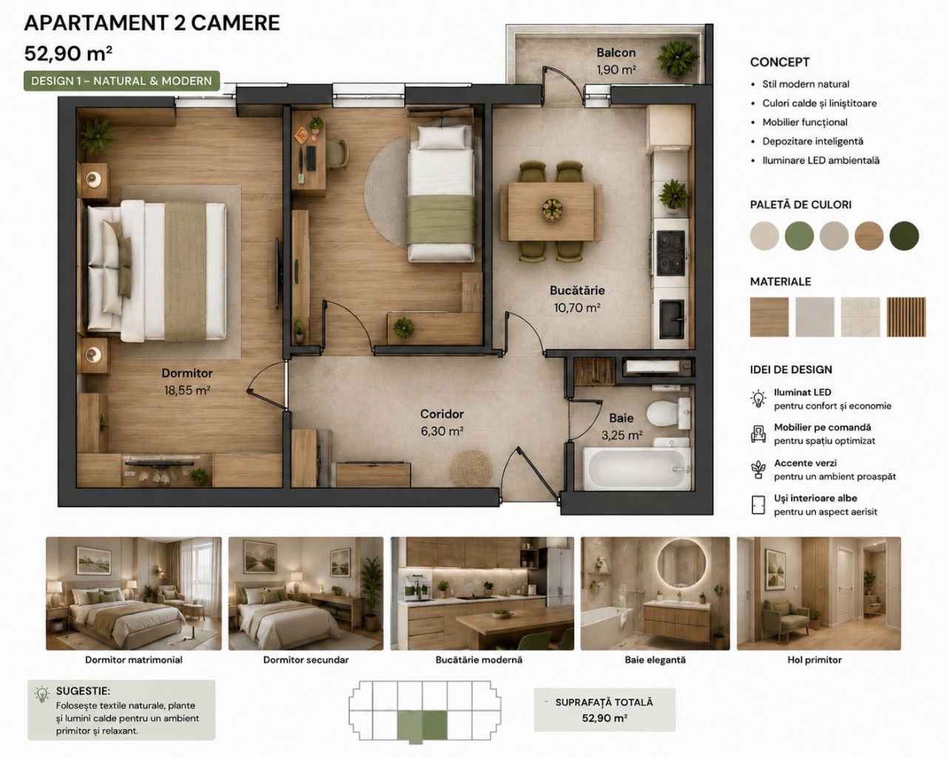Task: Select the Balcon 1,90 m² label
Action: [616, 61]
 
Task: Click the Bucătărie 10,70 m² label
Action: [577, 299]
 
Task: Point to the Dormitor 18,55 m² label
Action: [187, 382]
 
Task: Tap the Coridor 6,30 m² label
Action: [442, 423]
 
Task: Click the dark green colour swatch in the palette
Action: [904, 235]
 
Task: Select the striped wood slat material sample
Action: [906, 317]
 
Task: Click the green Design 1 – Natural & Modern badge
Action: [122, 81]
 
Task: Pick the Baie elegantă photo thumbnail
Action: [655, 593]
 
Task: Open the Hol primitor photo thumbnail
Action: [818, 593]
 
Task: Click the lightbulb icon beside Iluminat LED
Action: [758, 398]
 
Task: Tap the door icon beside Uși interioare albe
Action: [758, 505]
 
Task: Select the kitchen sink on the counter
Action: [672, 319]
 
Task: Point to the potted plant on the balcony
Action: [677, 58]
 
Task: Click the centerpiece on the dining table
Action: [552, 209]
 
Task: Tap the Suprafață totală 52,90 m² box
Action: [604, 710]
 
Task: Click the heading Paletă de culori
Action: [801, 205]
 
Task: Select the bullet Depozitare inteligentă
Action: [812, 141]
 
